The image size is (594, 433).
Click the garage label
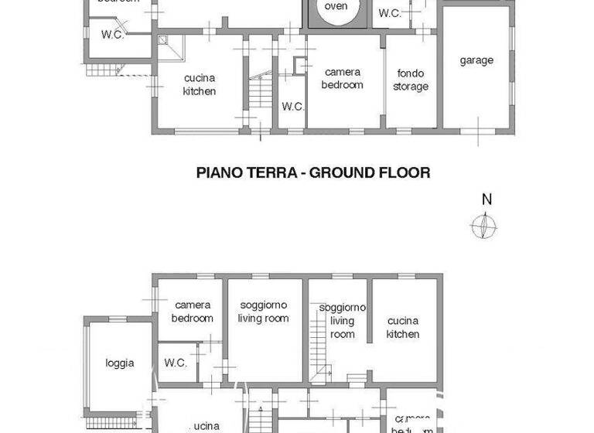(476, 60)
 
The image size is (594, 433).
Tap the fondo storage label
(410, 80)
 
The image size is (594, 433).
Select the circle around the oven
(336, 11)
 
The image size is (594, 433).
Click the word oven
(336, 6)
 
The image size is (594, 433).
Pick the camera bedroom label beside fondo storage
(342, 78)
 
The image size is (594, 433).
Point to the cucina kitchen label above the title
(199, 84)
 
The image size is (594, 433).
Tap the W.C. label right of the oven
(389, 13)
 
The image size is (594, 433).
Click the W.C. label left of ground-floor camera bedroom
(292, 107)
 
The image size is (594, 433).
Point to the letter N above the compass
(486, 199)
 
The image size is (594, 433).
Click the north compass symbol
(484, 226)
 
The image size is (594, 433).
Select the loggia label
(120, 363)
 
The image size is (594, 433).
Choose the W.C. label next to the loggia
(176, 363)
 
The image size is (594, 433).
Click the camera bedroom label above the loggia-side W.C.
(193, 312)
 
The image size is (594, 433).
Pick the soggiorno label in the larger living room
(264, 305)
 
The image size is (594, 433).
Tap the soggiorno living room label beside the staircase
(343, 320)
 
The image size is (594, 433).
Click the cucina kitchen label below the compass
(403, 327)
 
